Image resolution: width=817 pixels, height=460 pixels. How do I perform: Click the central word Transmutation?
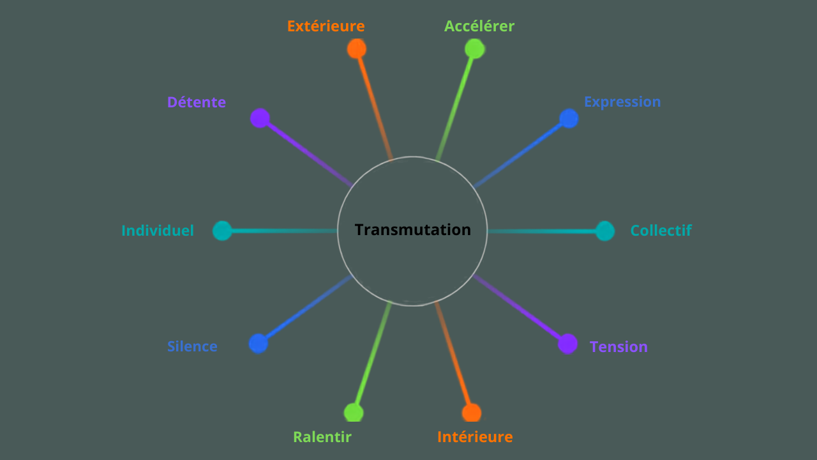tap(412, 230)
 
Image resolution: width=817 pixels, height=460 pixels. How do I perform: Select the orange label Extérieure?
tap(326, 26)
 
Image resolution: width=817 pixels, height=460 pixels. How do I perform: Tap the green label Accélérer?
tap(479, 26)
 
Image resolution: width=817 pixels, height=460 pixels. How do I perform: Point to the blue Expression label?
tap(622, 102)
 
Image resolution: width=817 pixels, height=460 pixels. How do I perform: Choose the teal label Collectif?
tap(661, 231)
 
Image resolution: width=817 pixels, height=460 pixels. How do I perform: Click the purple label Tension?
tap(618, 347)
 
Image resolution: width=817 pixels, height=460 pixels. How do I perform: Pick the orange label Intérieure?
tap(475, 437)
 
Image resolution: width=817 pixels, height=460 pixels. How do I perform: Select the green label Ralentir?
tap(322, 437)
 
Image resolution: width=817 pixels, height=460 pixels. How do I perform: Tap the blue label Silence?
tap(192, 346)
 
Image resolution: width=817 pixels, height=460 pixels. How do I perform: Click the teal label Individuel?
tap(158, 231)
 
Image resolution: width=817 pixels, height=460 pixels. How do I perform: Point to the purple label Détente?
tap(197, 102)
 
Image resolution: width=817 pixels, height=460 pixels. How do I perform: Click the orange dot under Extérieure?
tap(357, 49)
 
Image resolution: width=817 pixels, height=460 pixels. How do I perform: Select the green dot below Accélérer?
tap(474, 49)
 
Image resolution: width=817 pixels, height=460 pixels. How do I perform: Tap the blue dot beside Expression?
tap(569, 118)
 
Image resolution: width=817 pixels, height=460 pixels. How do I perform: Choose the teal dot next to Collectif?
tap(604, 231)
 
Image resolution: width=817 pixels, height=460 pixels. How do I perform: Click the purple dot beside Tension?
tap(567, 344)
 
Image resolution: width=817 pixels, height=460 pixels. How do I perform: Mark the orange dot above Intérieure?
tap(472, 413)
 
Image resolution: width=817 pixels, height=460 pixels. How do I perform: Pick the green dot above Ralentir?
tap(354, 413)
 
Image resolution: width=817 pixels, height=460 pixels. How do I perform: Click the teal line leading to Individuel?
tap(284, 231)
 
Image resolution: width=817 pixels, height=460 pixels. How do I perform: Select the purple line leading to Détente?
tap(310, 155)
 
